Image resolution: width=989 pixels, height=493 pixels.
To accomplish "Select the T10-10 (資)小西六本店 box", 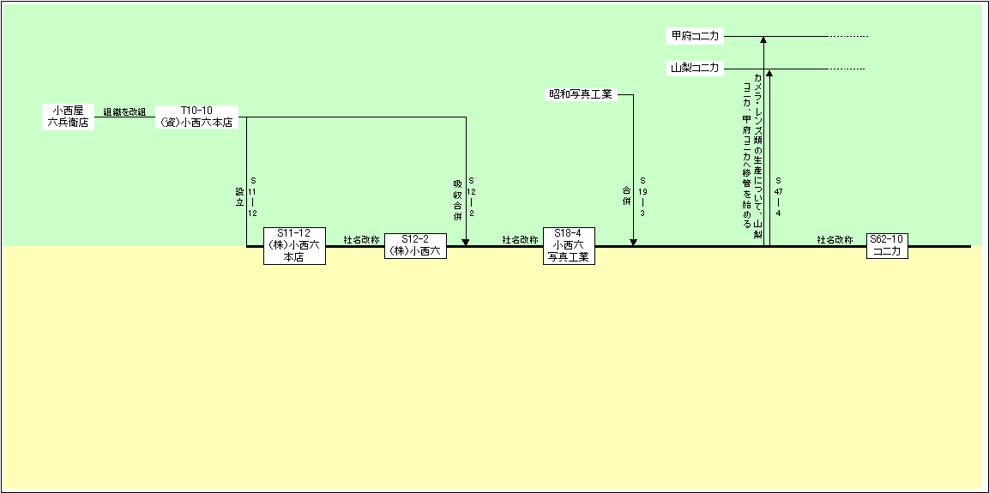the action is (196, 117).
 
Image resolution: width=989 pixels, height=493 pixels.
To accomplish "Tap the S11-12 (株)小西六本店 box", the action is (294, 246).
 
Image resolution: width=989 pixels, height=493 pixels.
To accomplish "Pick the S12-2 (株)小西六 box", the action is (416, 246).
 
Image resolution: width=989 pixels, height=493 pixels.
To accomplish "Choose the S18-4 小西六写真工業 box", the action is (569, 246).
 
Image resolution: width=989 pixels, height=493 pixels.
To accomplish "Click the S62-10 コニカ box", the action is (888, 246).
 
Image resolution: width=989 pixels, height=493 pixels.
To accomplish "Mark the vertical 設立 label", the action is (239, 197).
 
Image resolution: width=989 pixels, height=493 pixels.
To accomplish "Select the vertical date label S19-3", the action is (642, 197).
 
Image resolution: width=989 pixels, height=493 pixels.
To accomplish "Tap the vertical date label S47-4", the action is (778, 197).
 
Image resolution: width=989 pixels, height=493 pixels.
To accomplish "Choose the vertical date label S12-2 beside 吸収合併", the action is (471, 197).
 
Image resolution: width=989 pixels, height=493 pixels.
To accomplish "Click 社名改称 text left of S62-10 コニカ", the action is (835, 240).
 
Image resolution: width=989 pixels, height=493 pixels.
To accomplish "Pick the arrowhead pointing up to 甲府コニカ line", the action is (763, 39).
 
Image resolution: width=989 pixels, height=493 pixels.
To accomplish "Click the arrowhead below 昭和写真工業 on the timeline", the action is (633, 242).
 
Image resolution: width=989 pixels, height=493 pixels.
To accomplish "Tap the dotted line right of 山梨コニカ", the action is (847, 69).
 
